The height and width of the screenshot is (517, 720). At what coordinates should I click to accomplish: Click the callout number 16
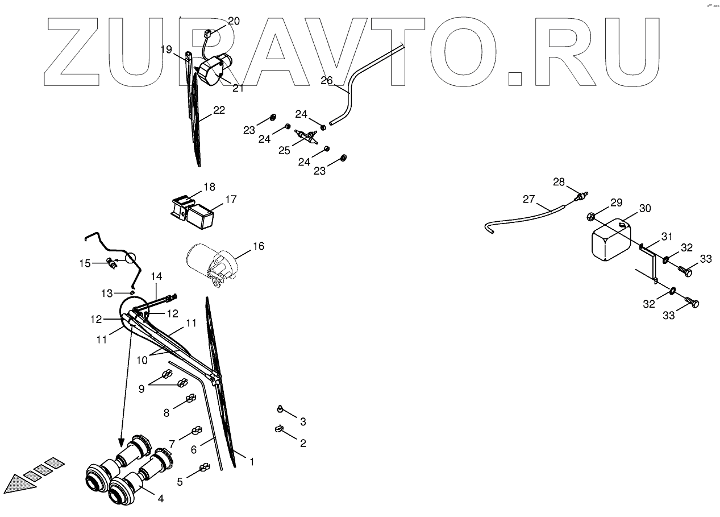coord(259,246)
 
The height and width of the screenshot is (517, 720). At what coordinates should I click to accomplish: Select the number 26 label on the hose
coord(326,80)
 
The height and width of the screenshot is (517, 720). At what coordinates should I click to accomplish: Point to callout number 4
coord(161,498)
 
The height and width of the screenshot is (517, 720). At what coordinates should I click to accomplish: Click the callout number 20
coord(234,21)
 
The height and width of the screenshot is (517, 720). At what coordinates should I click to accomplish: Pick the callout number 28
coord(559,181)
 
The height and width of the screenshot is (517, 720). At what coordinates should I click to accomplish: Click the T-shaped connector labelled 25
coord(307,136)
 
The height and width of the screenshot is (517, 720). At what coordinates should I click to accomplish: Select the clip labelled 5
coord(202,469)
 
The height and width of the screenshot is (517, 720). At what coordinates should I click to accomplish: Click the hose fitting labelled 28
coord(580,196)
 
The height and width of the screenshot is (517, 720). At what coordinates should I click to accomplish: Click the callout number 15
coord(85,263)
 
